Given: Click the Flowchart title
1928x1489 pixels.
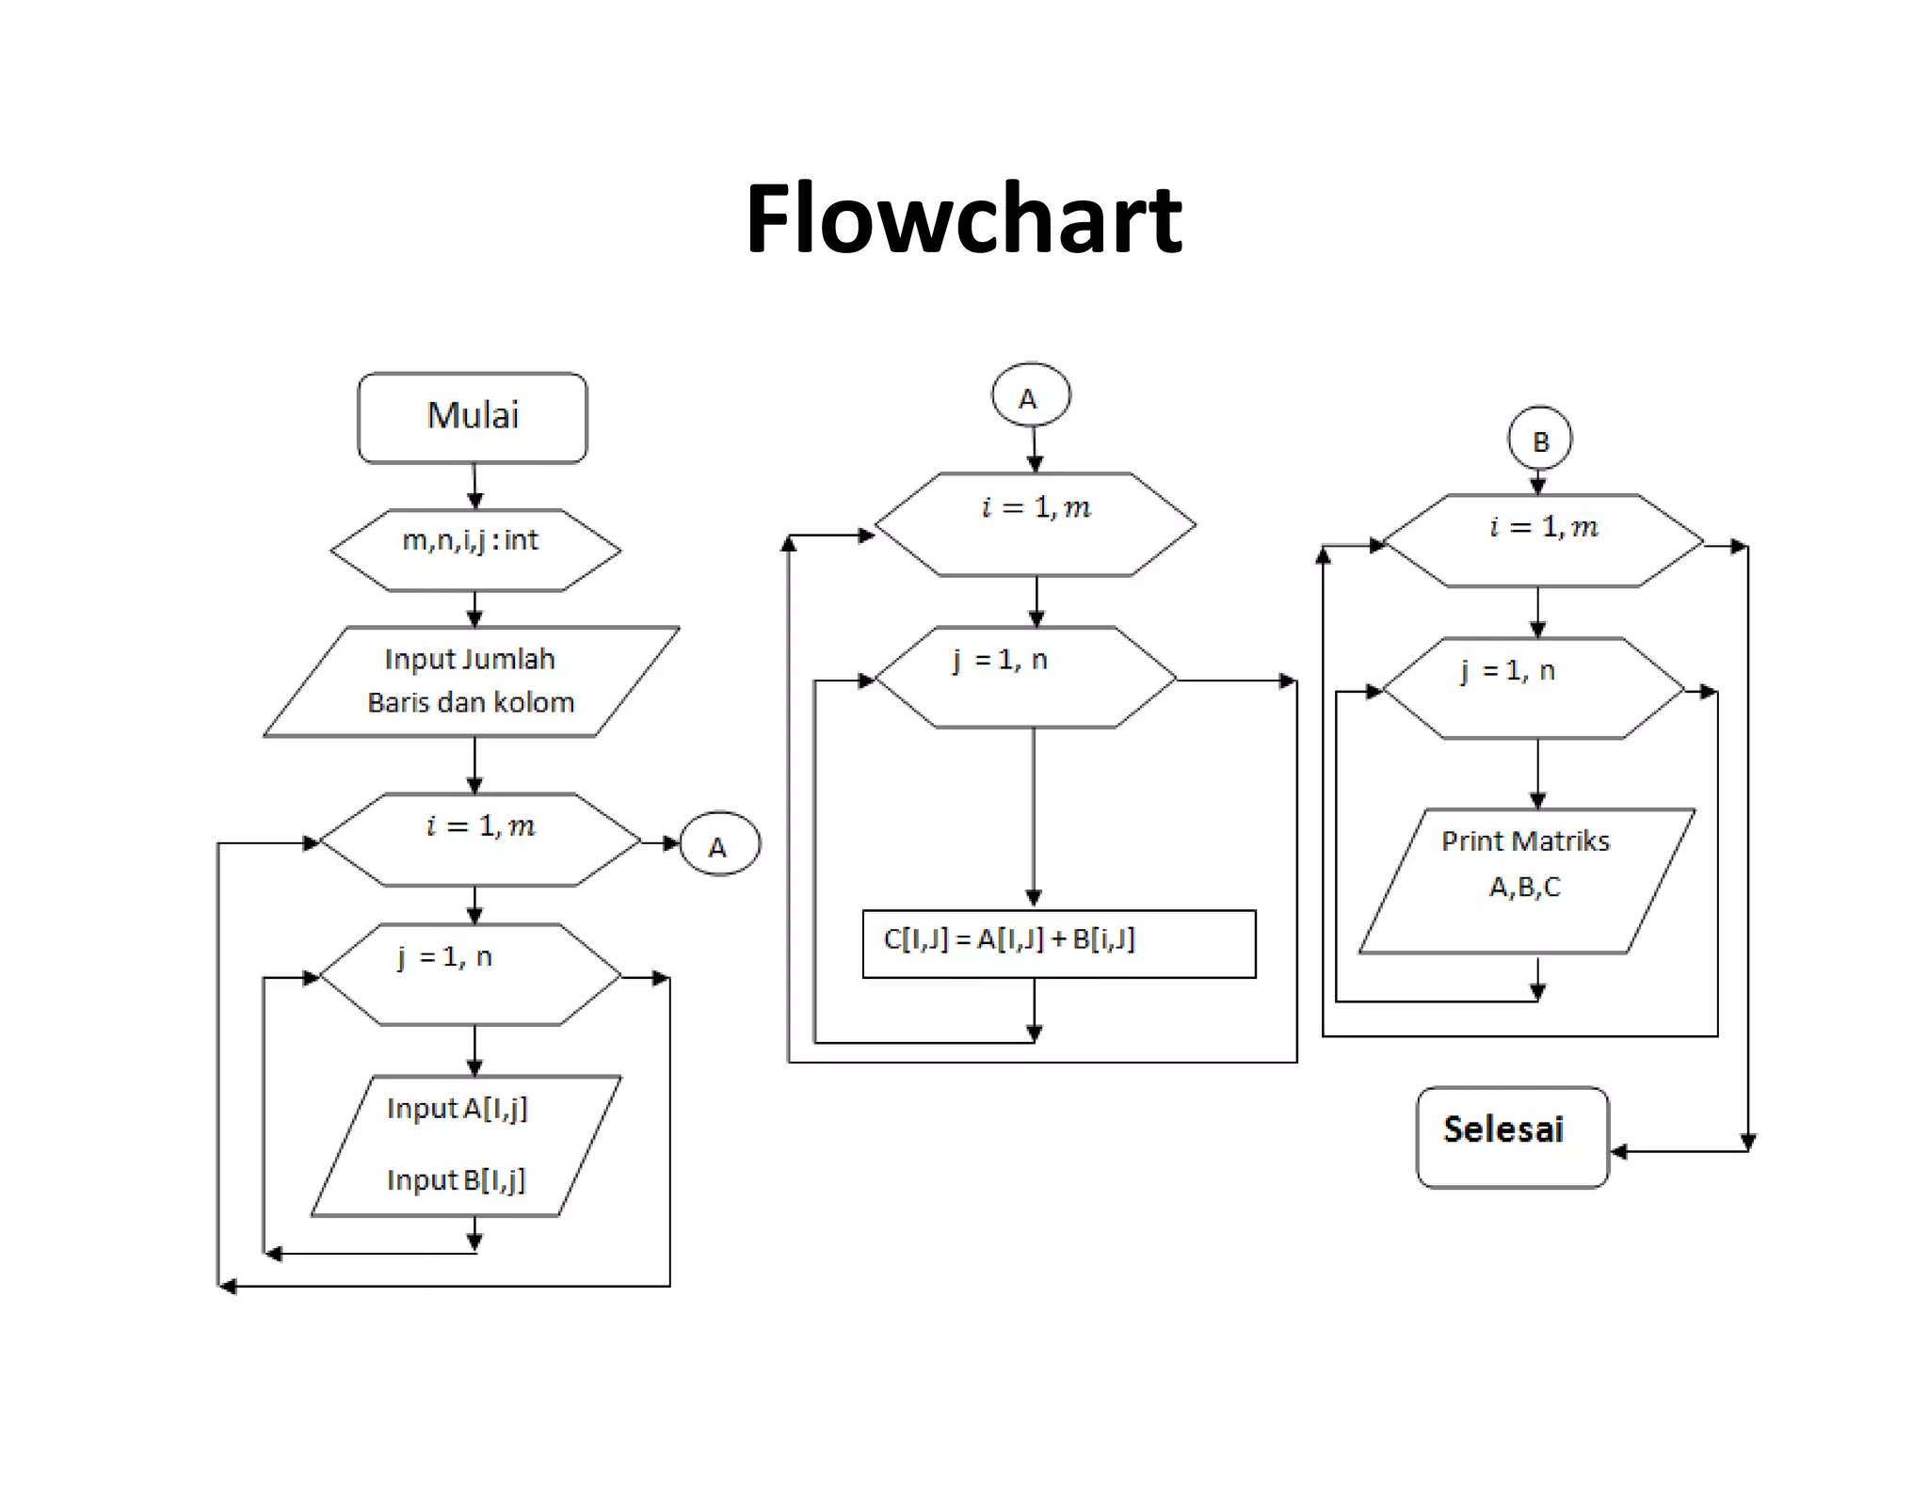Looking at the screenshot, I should coord(963,218).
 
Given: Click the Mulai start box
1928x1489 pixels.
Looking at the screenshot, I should coord(473,417).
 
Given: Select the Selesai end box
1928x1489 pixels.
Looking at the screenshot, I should coord(1512,1137).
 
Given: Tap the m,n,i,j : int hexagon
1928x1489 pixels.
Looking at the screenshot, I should coord(474,550).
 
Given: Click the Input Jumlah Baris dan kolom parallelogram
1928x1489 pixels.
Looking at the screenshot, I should coord(471,681).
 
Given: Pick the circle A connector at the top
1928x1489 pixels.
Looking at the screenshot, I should coord(1030,395).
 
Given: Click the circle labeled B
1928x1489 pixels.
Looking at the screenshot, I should coord(1539,440).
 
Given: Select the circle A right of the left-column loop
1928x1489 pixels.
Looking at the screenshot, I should coord(719,844).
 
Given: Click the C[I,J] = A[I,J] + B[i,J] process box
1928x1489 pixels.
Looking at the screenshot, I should coord(1058,943).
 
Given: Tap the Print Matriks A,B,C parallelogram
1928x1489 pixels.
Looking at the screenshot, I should coord(1527,879).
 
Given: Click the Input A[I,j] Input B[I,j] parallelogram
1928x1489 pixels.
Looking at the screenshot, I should coord(466,1145).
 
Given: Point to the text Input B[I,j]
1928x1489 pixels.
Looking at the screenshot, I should coord(457,1179).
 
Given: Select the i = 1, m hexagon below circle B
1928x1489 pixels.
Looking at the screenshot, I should coord(1542,541).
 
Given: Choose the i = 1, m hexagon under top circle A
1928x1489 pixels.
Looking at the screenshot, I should coord(1035,524).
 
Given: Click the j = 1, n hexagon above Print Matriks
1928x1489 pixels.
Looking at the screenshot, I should coord(1533,689).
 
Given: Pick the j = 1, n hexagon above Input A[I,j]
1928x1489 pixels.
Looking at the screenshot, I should coord(470,974).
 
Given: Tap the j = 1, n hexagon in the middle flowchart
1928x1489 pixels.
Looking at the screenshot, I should coord(1025,677).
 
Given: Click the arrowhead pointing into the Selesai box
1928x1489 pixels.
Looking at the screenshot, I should coord(1618,1151).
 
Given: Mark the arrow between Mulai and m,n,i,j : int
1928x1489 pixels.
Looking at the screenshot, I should coord(474,487).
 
